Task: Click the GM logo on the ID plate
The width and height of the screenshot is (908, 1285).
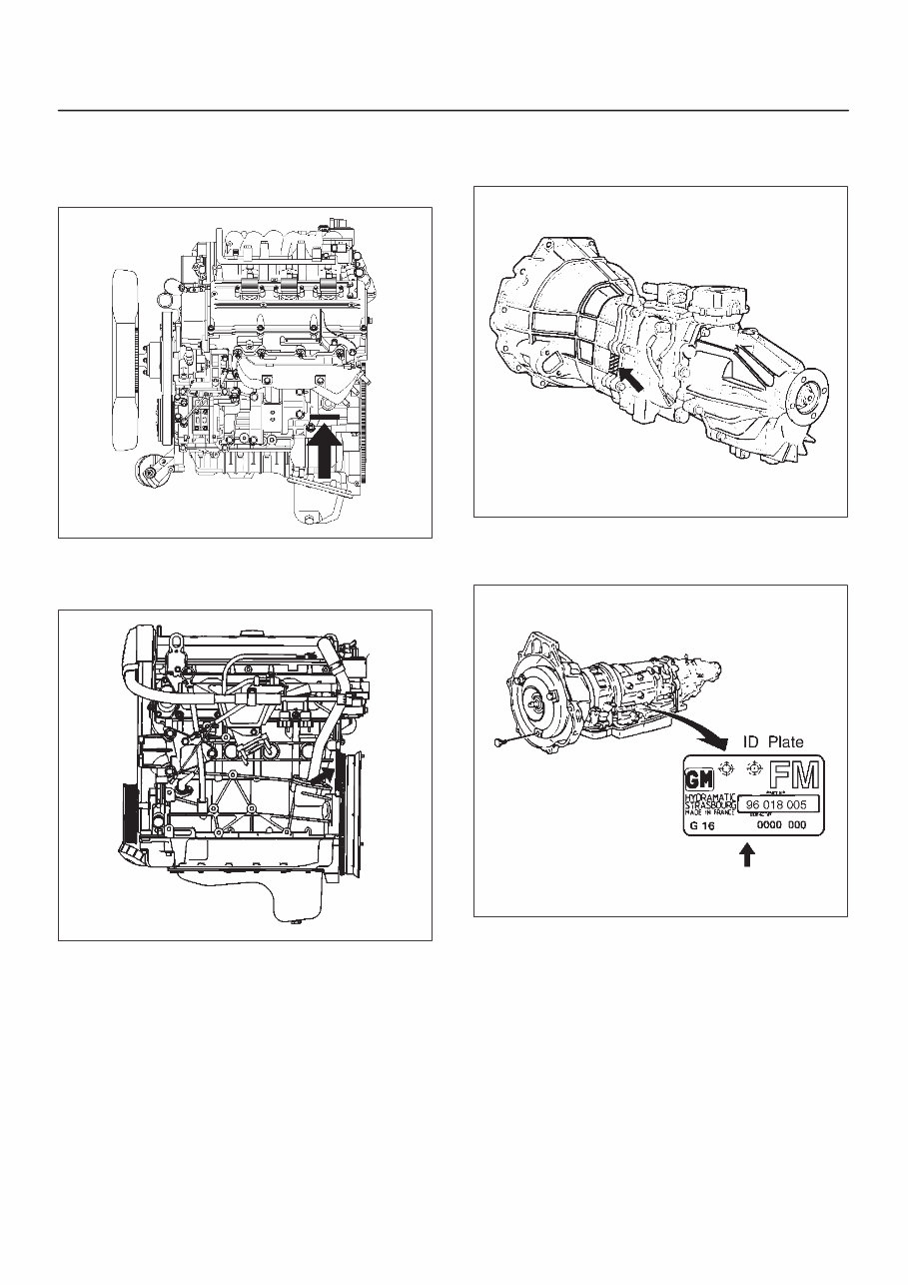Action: pyautogui.click(x=696, y=780)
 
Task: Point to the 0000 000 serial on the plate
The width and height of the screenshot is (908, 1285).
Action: pyautogui.click(x=781, y=826)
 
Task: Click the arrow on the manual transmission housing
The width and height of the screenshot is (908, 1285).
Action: pyautogui.click(x=631, y=379)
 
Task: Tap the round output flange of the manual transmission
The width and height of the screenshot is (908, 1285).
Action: pyautogui.click(x=810, y=396)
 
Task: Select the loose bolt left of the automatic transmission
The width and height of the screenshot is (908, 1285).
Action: pyautogui.click(x=500, y=742)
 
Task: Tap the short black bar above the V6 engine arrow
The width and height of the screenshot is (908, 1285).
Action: pyautogui.click(x=328, y=415)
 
